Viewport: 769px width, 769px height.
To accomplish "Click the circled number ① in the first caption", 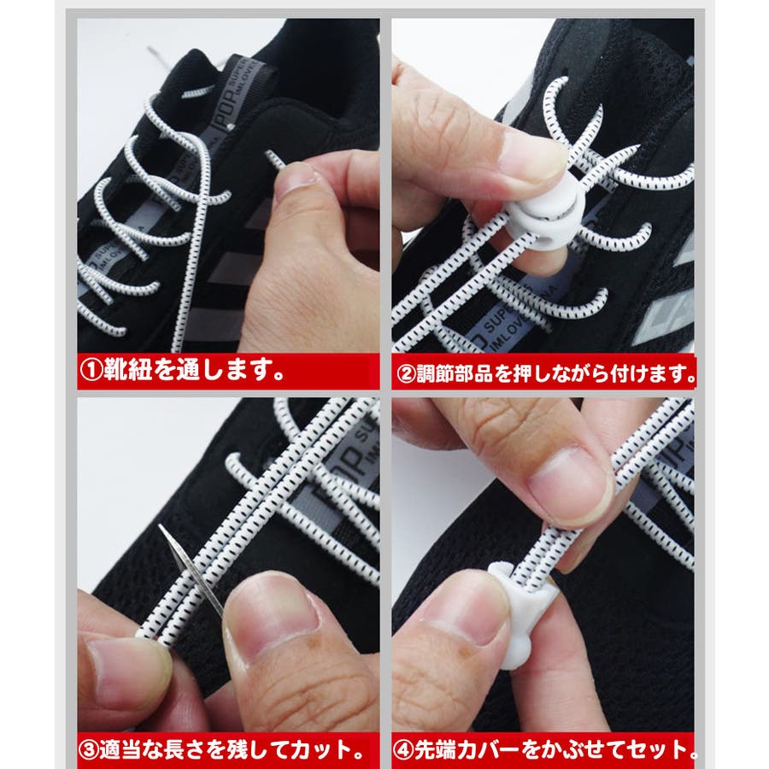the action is point(91,370).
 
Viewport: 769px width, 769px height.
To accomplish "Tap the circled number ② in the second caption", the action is point(406,375).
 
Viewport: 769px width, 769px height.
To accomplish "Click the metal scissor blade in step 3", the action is point(191,568).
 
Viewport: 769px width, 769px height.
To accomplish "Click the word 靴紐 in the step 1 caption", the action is point(127,370).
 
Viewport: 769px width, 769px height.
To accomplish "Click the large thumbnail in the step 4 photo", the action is point(569,485).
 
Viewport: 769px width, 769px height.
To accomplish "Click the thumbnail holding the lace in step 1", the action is point(293,178).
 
